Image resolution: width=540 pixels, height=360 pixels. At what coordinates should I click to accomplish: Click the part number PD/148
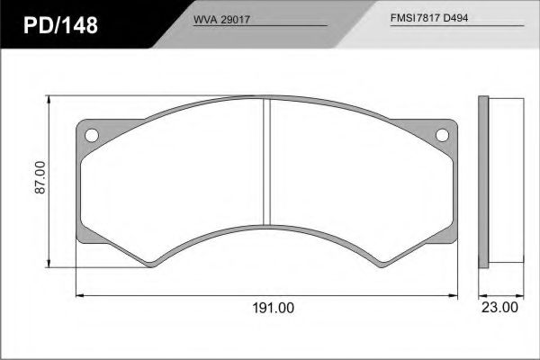[60, 25]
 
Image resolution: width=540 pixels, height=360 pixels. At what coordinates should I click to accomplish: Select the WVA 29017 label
[221, 20]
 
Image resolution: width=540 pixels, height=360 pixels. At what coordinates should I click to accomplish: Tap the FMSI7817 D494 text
[429, 18]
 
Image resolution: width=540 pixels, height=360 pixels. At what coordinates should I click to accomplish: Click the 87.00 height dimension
[40, 177]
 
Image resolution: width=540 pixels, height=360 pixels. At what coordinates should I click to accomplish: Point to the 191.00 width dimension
[273, 308]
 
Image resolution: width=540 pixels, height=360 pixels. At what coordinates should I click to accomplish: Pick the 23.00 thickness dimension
[499, 307]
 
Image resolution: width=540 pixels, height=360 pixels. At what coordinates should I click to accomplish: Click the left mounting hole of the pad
[92, 135]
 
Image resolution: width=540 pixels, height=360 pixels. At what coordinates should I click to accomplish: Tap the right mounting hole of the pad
[442, 135]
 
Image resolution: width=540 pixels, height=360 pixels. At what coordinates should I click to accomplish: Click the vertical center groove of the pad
[267, 162]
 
